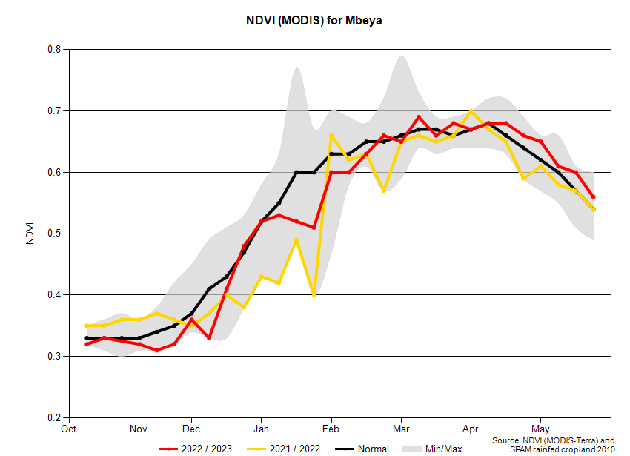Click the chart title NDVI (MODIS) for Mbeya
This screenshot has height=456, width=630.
click(314, 21)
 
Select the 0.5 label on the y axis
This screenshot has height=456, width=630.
click(55, 234)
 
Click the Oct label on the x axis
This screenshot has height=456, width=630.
click(68, 429)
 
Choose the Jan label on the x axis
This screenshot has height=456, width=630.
click(261, 429)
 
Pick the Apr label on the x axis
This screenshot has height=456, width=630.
click(470, 429)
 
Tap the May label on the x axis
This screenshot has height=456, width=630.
click(540, 429)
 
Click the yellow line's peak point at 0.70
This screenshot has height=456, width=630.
click(471, 111)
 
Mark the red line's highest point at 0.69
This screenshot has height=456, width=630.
click(419, 117)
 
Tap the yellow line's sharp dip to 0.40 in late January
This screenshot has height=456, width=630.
click(314, 295)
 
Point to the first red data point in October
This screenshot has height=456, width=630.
click(87, 344)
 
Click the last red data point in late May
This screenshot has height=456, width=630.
click(594, 197)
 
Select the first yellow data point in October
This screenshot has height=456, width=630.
click(87, 326)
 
